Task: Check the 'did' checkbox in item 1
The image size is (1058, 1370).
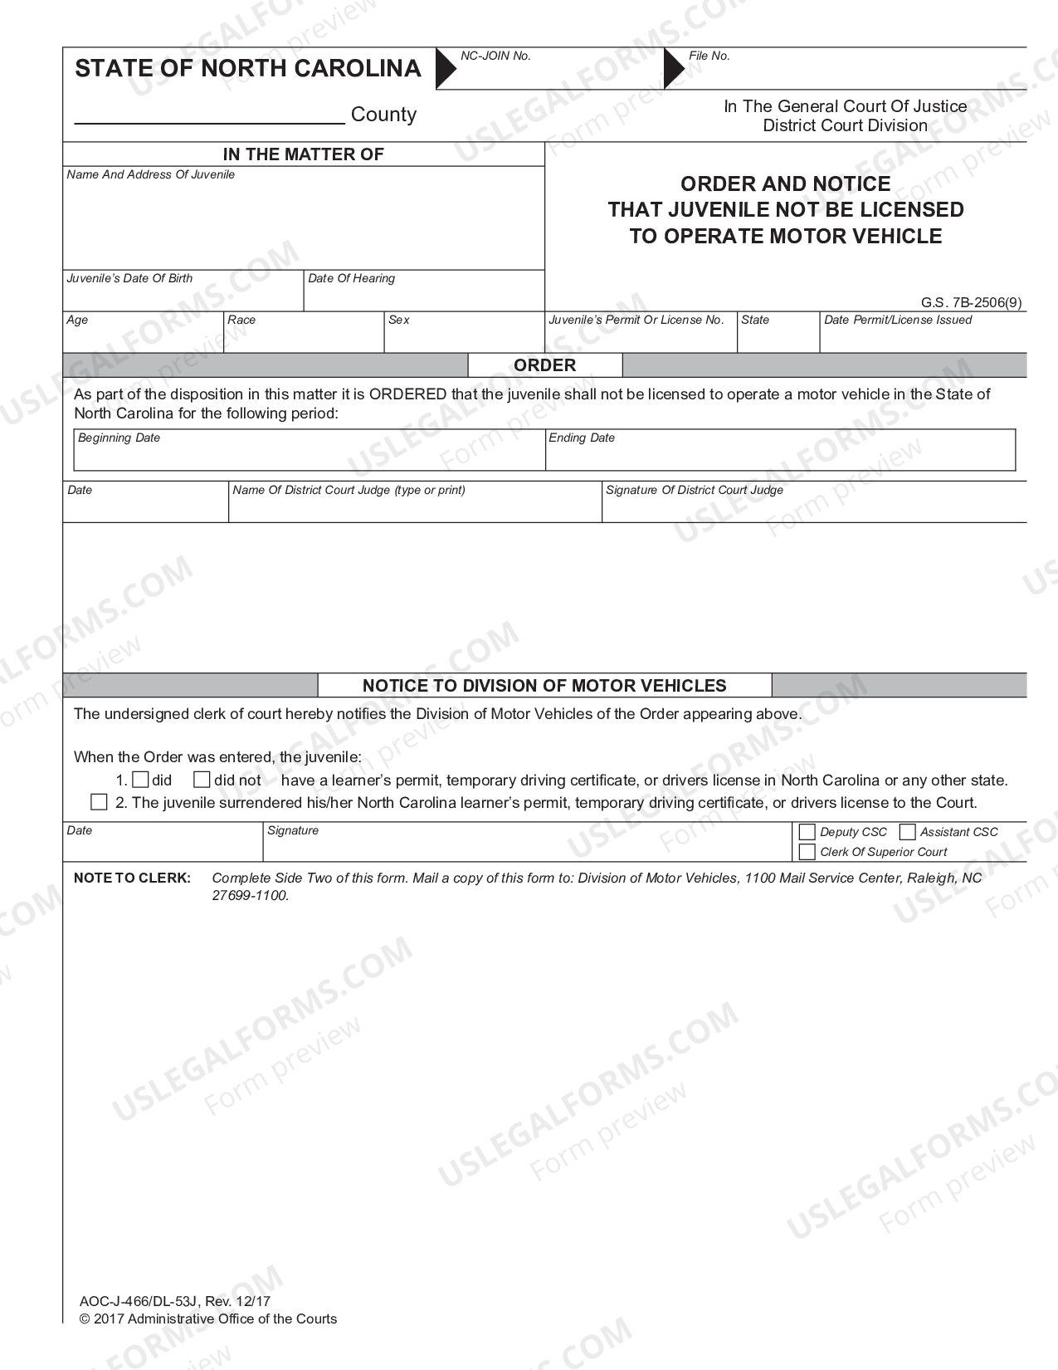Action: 140,780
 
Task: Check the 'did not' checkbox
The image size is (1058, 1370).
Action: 202,780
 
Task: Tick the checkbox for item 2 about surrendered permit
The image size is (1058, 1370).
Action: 99,802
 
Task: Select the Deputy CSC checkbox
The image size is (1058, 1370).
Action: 807,832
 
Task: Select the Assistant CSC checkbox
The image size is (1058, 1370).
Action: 907,832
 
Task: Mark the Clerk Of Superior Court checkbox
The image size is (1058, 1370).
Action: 807,852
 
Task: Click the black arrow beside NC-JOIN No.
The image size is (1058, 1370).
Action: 446,68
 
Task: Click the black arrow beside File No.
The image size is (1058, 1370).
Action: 674,68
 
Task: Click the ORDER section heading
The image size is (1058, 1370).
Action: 544,365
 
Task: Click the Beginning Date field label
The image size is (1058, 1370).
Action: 119,438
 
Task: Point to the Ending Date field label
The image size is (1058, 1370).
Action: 582,438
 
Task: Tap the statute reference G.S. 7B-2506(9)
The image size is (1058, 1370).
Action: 971,303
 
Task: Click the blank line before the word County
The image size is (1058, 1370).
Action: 210,116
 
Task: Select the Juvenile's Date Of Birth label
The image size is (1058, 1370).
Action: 129,278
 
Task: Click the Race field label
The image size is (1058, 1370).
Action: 241,320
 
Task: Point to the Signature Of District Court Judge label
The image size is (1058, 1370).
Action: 695,490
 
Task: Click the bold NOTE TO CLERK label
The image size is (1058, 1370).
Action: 132,878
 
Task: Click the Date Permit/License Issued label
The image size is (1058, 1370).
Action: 898,320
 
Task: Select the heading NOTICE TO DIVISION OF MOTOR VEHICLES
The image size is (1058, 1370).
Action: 544,686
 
